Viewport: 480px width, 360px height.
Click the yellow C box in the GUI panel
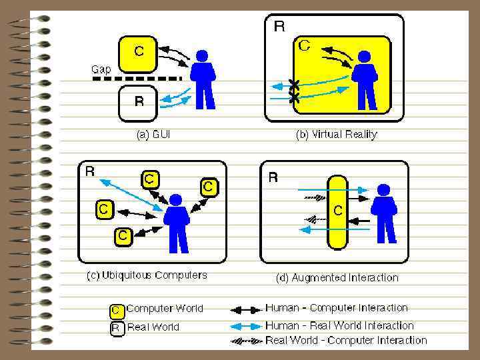pos(138,53)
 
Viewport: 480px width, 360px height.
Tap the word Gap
pos(101,69)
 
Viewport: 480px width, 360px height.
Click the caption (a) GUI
pos(153,135)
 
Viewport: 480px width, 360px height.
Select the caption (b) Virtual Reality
pos(336,135)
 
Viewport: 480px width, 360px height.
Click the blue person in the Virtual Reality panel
pos(365,79)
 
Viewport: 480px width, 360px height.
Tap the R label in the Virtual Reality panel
pos(280,27)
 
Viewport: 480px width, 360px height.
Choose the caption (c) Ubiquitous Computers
pos(147,275)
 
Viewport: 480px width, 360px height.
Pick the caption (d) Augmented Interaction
pos(337,277)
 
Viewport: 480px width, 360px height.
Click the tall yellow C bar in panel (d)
pos(338,212)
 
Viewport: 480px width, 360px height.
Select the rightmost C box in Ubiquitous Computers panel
pos(209,186)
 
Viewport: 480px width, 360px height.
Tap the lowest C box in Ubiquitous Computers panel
pos(123,235)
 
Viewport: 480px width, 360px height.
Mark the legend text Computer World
pos(165,309)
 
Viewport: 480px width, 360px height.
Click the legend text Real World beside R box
pos(153,327)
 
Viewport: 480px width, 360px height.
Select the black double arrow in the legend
pos(246,309)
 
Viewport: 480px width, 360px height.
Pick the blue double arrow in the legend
pos(246,327)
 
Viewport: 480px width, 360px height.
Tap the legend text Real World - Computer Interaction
pos(346,341)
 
